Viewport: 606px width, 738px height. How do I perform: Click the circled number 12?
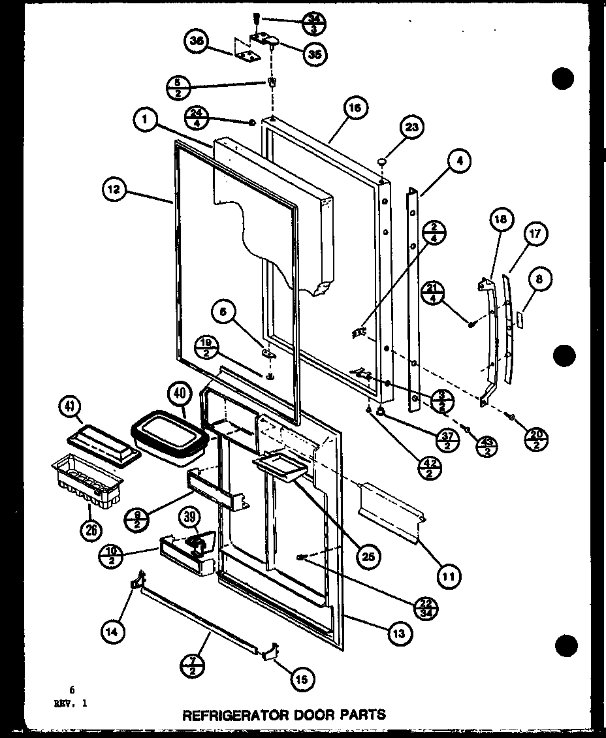(114, 190)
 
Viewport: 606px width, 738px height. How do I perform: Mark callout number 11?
(448, 575)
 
